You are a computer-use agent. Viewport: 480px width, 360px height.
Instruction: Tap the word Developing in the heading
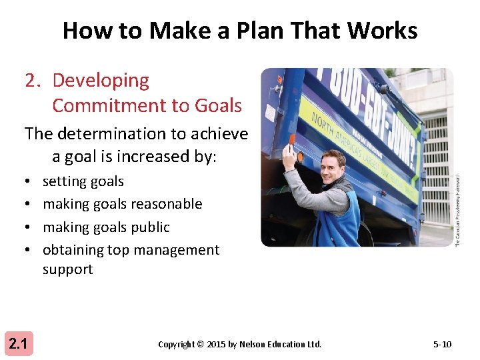pos(101,80)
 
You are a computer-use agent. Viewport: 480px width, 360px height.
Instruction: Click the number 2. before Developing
pos(34,80)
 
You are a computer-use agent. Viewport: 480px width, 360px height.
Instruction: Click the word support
pos(67,269)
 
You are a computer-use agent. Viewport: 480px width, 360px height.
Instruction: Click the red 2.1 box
pos(17,344)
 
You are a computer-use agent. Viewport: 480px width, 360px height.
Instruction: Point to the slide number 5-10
pos(441,344)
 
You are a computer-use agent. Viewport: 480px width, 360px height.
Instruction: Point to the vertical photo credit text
pos(457,210)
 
